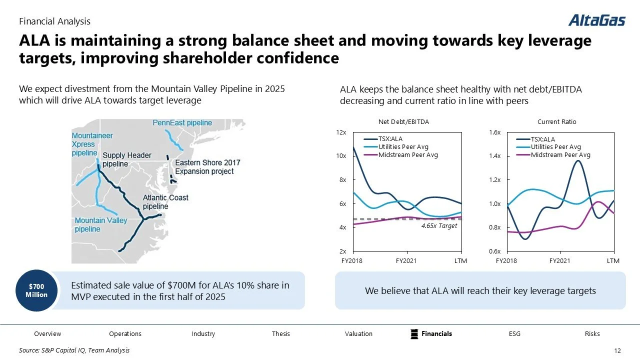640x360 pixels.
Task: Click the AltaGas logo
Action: [x=596, y=20]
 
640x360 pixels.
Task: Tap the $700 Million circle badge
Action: [x=36, y=290]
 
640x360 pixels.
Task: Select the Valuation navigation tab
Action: [x=358, y=333]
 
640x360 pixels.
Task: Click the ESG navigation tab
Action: [x=514, y=333]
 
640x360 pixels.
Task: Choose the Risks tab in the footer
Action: [x=592, y=333]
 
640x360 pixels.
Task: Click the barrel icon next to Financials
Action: [x=414, y=333]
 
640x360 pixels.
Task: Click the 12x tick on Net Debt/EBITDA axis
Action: [x=342, y=132]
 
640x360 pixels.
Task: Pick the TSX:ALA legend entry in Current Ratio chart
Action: [x=542, y=139]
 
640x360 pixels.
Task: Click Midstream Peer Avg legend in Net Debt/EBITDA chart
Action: [x=408, y=155]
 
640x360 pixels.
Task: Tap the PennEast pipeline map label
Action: [x=182, y=123]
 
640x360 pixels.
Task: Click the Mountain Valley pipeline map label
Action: [x=101, y=225]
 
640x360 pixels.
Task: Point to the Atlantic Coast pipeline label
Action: [x=165, y=201]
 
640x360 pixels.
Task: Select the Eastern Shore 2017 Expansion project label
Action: [x=207, y=167]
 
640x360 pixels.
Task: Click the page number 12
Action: [x=616, y=350]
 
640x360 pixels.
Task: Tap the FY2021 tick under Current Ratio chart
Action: [x=559, y=261]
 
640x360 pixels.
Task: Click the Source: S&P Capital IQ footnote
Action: [x=74, y=350]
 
